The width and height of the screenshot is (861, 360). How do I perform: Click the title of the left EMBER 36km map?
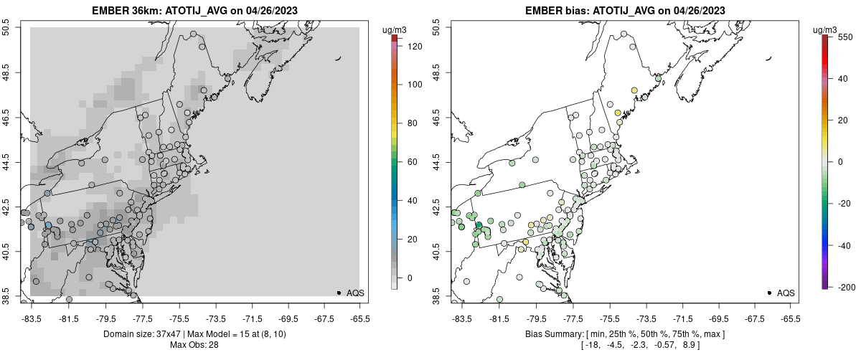coord(194,11)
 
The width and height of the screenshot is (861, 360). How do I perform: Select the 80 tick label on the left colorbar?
coord(412,123)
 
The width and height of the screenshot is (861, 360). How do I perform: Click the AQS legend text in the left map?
coord(355,293)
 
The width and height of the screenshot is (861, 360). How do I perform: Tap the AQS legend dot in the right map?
coord(768,293)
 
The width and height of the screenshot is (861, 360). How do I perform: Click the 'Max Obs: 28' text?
coord(194,345)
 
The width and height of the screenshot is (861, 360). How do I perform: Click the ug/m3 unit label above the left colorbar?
coord(396,29)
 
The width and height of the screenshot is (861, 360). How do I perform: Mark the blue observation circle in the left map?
coord(48,225)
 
